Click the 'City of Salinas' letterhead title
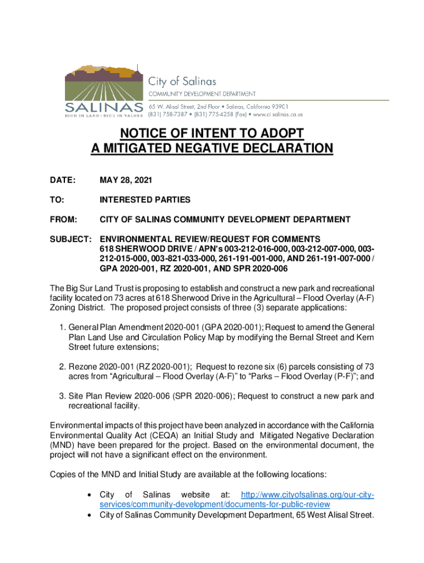pos(177,81)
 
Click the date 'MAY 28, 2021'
pos(126,180)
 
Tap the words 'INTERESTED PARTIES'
pos(145,200)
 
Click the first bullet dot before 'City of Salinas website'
pos(89,496)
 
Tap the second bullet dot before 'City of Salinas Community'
pos(89,516)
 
